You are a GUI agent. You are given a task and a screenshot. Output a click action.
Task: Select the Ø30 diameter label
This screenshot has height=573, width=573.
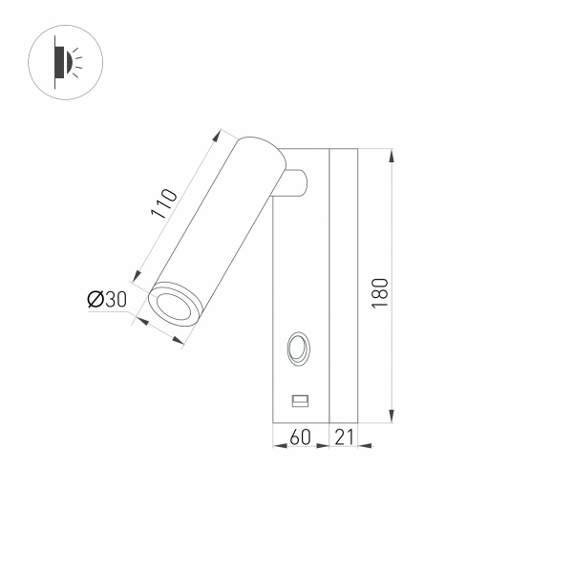click(x=107, y=300)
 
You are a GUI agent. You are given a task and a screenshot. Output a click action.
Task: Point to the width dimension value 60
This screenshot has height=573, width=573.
click(x=300, y=437)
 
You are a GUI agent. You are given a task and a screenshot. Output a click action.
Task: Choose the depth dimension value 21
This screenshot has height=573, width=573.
click(x=344, y=437)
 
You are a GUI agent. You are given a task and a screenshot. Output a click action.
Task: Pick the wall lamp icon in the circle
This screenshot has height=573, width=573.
click(x=63, y=63)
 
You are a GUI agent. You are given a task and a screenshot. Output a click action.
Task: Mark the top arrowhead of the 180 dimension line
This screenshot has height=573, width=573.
click(x=393, y=153)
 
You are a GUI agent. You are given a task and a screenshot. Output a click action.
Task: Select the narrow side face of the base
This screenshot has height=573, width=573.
click(x=344, y=286)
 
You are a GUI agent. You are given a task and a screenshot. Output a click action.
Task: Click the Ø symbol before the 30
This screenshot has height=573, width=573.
click(x=95, y=300)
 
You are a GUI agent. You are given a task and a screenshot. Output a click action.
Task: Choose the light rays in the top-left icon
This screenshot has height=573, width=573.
click(x=77, y=63)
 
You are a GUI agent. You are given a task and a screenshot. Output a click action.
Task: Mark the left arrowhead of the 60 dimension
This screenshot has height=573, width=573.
click(x=276, y=444)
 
